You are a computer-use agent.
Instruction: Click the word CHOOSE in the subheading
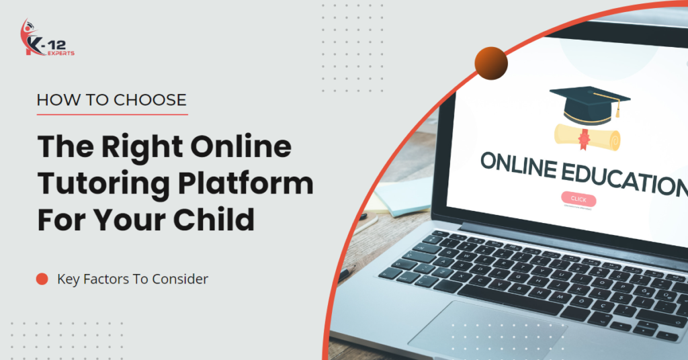coord(150,101)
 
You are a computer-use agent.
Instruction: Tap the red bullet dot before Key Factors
coord(42,279)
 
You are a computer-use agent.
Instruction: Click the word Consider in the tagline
coord(181,279)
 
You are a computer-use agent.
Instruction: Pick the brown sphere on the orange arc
coord(490,63)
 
